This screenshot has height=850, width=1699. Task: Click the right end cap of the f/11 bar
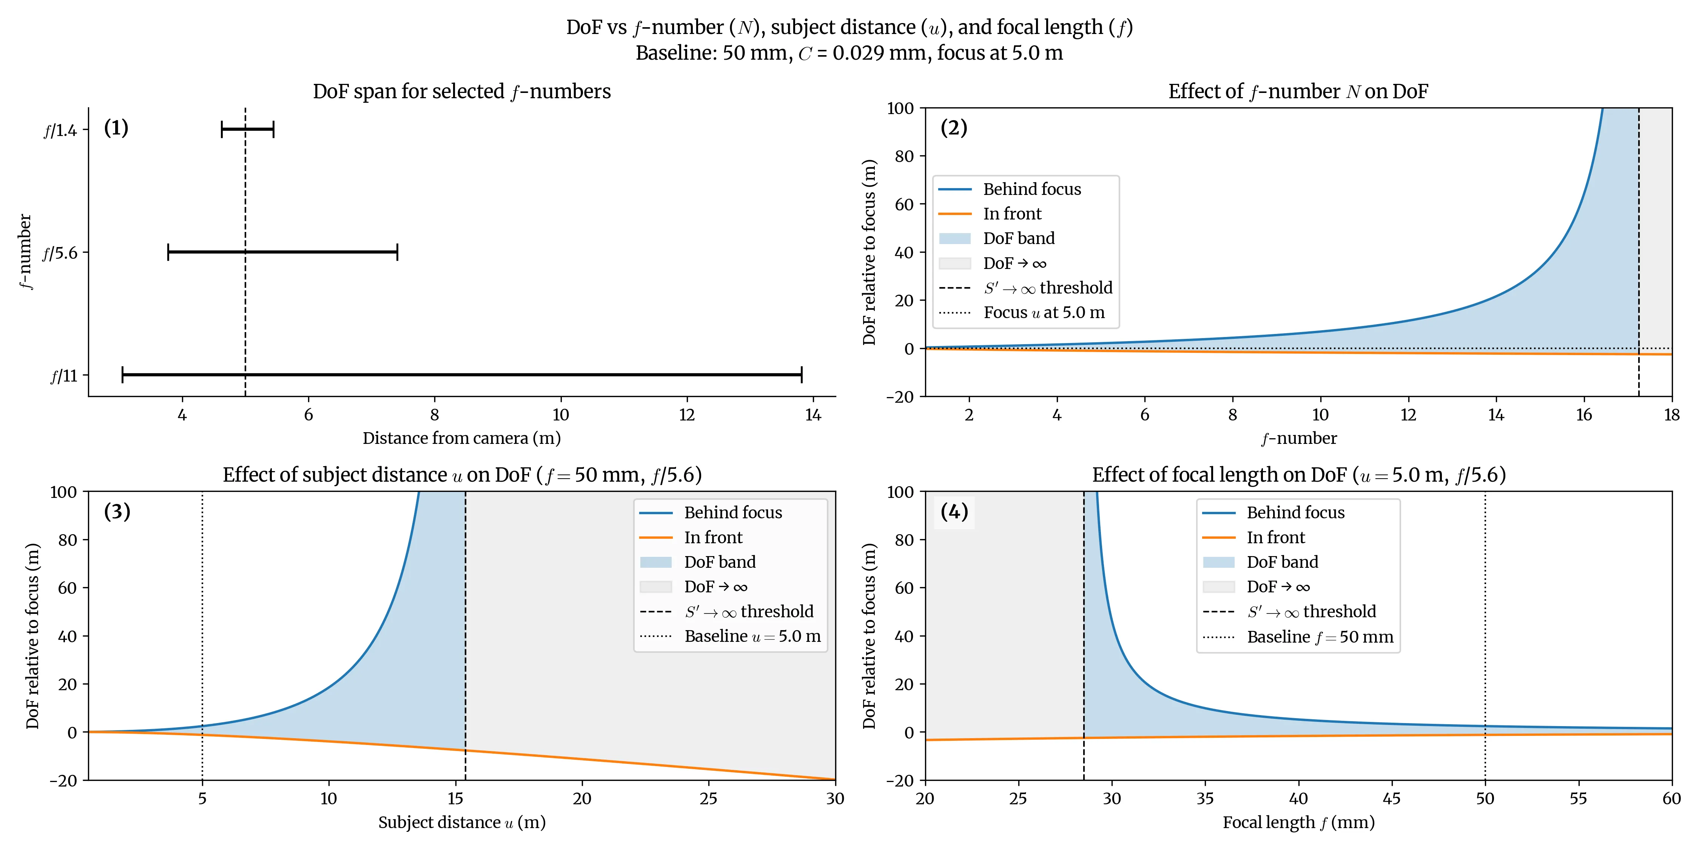(x=801, y=375)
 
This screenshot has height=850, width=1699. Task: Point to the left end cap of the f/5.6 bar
(x=168, y=252)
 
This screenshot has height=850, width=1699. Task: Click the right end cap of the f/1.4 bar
(x=273, y=129)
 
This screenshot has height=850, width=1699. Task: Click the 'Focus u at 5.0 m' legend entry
(x=1044, y=313)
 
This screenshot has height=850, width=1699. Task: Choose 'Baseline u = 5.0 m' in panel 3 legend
(x=752, y=636)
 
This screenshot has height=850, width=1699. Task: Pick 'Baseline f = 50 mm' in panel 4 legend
(x=1319, y=637)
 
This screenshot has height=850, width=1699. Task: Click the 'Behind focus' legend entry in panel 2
(x=1031, y=189)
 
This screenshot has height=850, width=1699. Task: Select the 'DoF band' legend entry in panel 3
(x=720, y=562)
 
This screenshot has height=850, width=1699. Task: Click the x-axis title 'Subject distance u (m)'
(x=462, y=822)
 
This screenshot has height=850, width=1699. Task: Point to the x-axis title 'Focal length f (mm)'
(x=1298, y=822)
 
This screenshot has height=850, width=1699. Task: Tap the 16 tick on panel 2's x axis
(x=1583, y=414)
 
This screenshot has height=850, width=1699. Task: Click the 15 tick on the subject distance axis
(x=455, y=799)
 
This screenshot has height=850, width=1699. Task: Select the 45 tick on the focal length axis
(x=1392, y=799)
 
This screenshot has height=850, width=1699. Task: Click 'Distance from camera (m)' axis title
(x=462, y=438)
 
